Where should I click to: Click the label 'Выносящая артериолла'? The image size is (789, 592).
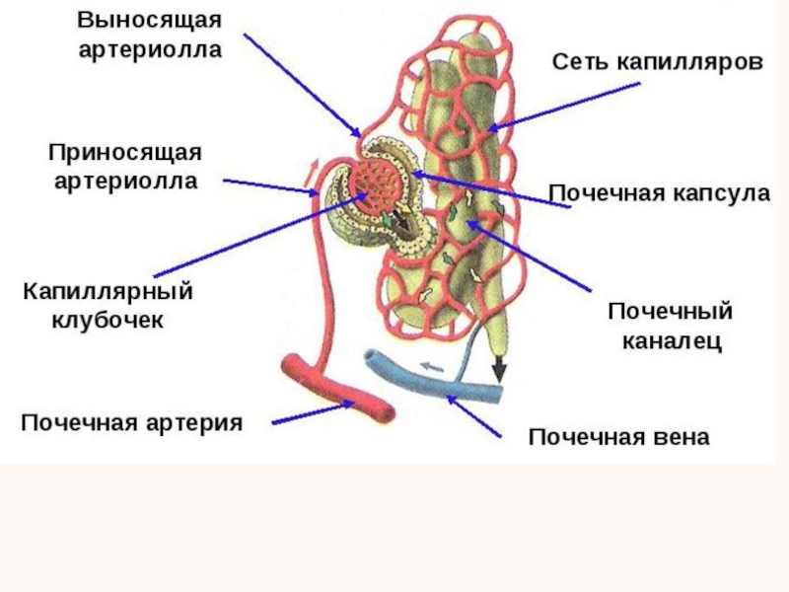[151, 35]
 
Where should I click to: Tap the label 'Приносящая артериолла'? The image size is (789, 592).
[125, 167]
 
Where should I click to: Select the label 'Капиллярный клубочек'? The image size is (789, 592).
[108, 305]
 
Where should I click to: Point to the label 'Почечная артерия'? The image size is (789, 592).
[131, 423]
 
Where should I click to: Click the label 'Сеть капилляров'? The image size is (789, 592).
[657, 62]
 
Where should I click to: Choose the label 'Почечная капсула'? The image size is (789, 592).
[658, 193]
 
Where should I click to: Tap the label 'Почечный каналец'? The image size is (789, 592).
[670, 327]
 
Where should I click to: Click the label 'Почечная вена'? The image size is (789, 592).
[618, 437]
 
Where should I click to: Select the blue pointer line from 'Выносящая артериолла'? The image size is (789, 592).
[302, 84]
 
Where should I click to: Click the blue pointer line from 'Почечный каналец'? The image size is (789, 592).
[533, 258]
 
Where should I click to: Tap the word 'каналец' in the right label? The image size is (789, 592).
[670, 342]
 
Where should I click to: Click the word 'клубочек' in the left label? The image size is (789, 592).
[108, 320]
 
